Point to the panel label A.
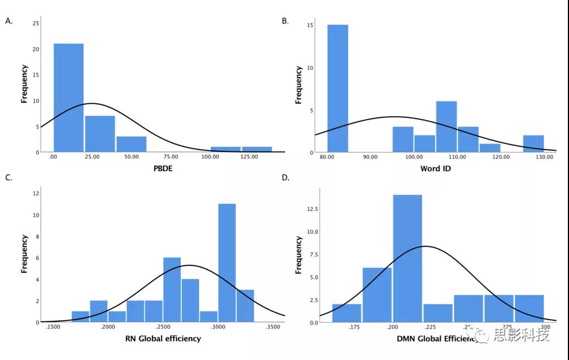(x=9, y=22)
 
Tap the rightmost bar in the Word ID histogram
(x=534, y=143)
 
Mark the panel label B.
(x=285, y=21)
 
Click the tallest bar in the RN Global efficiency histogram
(x=227, y=262)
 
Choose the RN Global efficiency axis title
(x=163, y=338)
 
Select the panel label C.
(x=9, y=177)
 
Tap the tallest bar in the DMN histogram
(x=407, y=259)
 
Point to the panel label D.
(x=286, y=177)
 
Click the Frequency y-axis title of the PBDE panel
(x=24, y=84)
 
